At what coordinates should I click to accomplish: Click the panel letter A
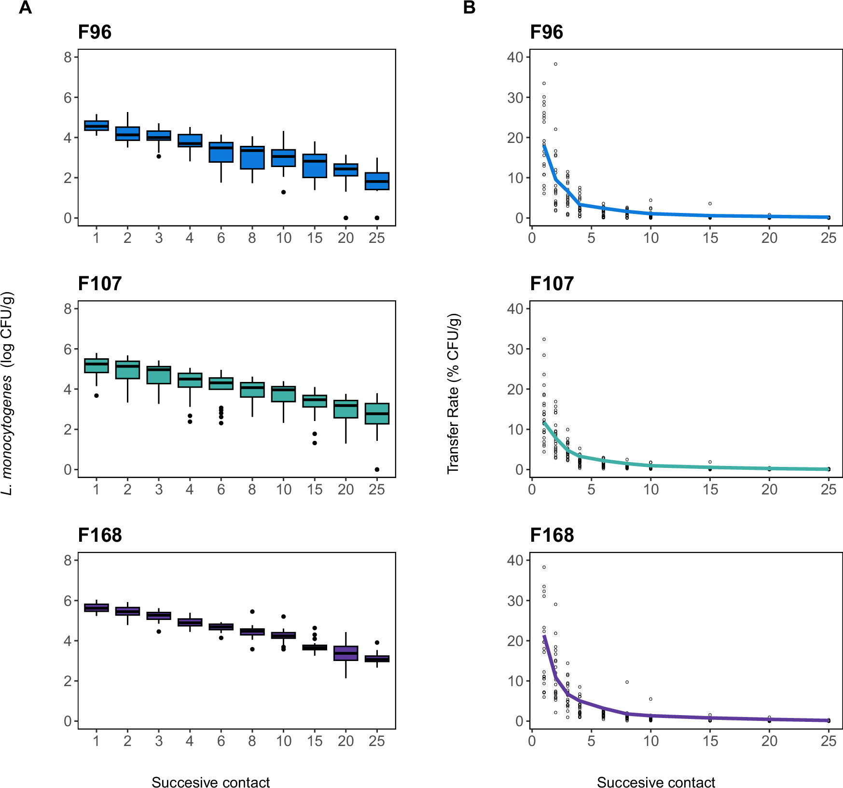(x=25, y=8)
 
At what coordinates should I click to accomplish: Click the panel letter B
(x=469, y=8)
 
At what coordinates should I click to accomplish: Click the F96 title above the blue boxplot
(x=95, y=32)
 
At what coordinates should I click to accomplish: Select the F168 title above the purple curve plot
(x=552, y=535)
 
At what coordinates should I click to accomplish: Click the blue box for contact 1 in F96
(x=97, y=126)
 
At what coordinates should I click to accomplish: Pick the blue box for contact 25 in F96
(x=377, y=181)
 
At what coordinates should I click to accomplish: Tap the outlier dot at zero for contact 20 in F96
(x=346, y=218)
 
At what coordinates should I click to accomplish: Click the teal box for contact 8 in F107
(x=252, y=390)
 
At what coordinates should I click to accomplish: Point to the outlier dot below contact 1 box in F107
(x=97, y=395)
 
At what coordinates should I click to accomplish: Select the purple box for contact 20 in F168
(x=346, y=653)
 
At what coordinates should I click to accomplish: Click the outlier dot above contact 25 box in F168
(x=377, y=643)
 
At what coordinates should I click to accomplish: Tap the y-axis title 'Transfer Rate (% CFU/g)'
(x=454, y=394)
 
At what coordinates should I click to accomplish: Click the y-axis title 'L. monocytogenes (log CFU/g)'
(x=8, y=394)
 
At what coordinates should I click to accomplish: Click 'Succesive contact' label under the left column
(x=210, y=782)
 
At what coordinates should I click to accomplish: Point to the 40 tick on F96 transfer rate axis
(x=515, y=57)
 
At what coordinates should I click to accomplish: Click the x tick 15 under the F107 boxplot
(x=315, y=490)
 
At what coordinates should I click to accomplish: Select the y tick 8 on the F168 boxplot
(x=68, y=561)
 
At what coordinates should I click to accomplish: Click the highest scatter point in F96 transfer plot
(x=555, y=64)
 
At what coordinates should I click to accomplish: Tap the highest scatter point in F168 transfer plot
(x=544, y=567)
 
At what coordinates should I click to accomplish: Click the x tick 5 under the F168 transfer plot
(x=591, y=741)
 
